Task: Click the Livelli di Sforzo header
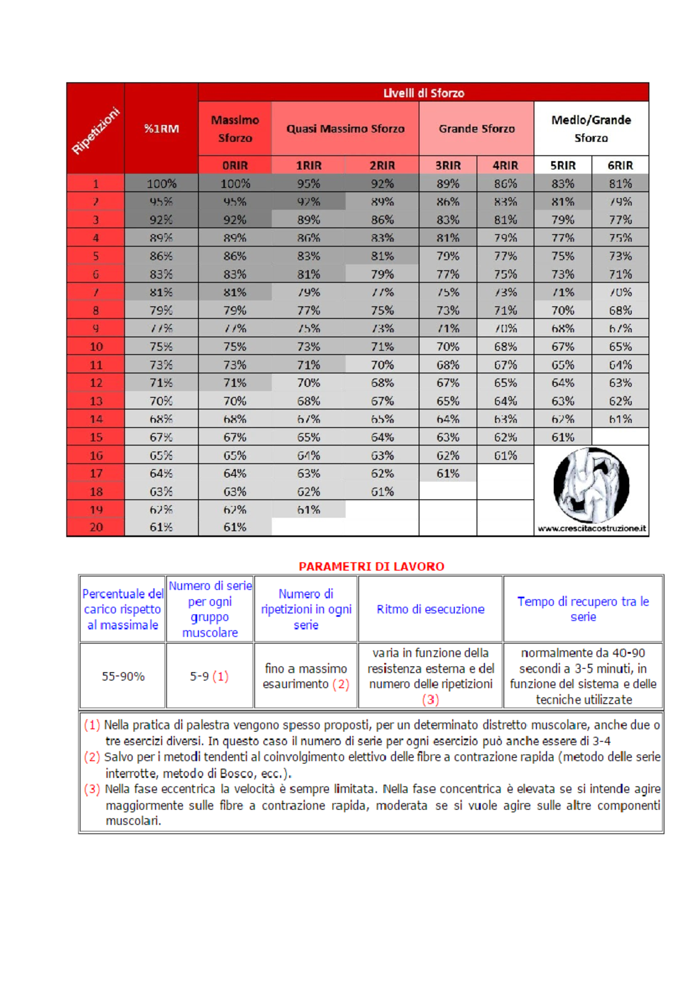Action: pos(423,92)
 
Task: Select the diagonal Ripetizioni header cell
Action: pos(96,130)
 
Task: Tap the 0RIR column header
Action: pos(235,165)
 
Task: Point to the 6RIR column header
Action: pos(620,165)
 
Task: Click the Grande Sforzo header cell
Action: pos(476,128)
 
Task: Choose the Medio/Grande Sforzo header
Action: pos(591,128)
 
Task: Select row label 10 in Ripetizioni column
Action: pos(96,347)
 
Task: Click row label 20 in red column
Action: pos(96,527)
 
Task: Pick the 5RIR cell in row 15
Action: pos(562,437)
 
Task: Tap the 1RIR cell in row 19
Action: pos(308,510)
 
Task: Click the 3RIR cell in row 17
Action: pos(448,474)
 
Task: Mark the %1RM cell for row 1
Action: pos(161,184)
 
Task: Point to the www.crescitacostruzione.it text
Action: pos(591,529)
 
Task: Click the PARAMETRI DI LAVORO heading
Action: pos(371,566)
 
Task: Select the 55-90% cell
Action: pos(122,676)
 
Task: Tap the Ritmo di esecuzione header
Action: pos(430,609)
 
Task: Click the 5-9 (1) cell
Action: pos(209,676)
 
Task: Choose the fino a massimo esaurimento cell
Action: pos(305,676)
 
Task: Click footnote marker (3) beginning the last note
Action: pos(92,789)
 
